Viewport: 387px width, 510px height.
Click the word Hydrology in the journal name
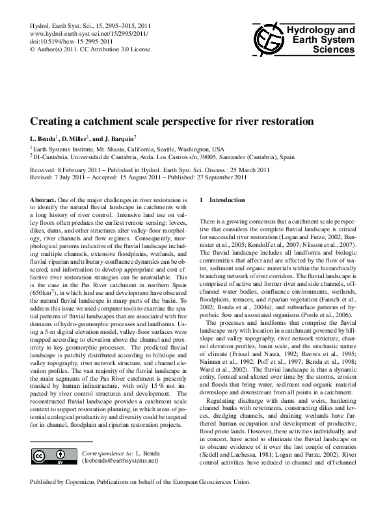click(306, 30)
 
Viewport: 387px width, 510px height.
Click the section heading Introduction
click(230, 199)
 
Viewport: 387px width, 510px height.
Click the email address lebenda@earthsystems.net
click(120, 461)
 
